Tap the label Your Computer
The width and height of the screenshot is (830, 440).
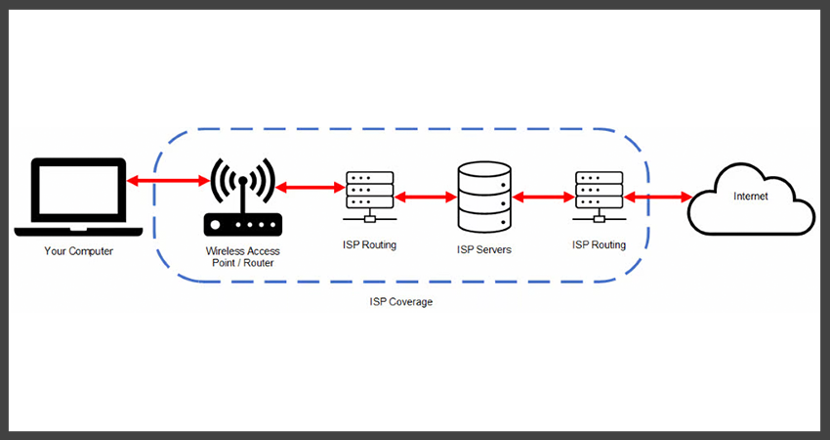(x=78, y=251)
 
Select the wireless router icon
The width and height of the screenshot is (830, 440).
(x=242, y=199)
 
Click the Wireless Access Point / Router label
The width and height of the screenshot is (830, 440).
(x=242, y=257)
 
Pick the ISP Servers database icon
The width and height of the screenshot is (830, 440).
(x=484, y=197)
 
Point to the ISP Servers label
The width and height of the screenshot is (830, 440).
(x=484, y=249)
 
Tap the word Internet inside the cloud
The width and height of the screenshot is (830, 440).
(x=750, y=197)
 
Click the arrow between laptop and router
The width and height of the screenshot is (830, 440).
(x=168, y=182)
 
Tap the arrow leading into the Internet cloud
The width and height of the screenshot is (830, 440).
(x=658, y=198)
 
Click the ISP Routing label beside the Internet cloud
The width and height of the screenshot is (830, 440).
(x=600, y=244)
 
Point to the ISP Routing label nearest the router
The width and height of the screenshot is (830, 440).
(x=370, y=244)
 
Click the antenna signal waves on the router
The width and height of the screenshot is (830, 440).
(x=242, y=177)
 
